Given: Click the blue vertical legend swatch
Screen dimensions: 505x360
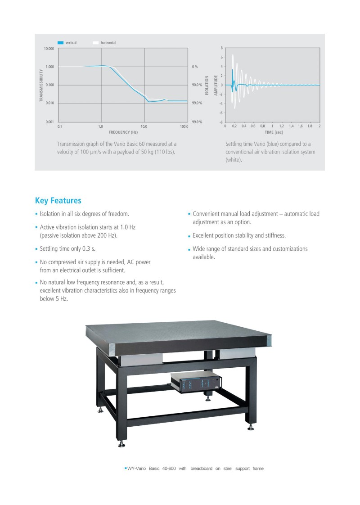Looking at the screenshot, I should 60,42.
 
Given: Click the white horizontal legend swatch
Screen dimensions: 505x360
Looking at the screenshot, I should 95,42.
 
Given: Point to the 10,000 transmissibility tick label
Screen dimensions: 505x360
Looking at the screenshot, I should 49,48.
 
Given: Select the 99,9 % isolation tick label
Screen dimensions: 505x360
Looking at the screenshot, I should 197,122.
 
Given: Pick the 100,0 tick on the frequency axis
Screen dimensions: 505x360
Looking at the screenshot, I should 184,126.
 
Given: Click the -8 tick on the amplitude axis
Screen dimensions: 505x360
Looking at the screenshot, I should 221,122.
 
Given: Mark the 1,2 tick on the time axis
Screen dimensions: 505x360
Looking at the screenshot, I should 281,126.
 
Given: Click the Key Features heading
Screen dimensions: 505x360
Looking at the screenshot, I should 58,201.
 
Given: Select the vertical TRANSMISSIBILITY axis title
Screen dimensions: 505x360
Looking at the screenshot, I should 41,86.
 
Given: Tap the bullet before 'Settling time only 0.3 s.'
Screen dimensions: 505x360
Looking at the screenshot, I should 36,249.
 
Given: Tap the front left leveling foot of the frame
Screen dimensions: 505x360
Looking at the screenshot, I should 121,445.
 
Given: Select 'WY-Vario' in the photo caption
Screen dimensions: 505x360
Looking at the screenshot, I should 138,469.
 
